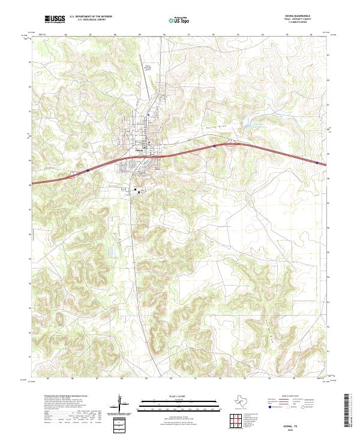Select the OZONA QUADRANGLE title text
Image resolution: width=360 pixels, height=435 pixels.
pos(302,16)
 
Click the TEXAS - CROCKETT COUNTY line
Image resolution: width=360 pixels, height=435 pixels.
pos(302,20)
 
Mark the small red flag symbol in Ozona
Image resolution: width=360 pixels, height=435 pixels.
pos(151,142)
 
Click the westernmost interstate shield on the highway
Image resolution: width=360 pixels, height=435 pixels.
pos(88,170)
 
